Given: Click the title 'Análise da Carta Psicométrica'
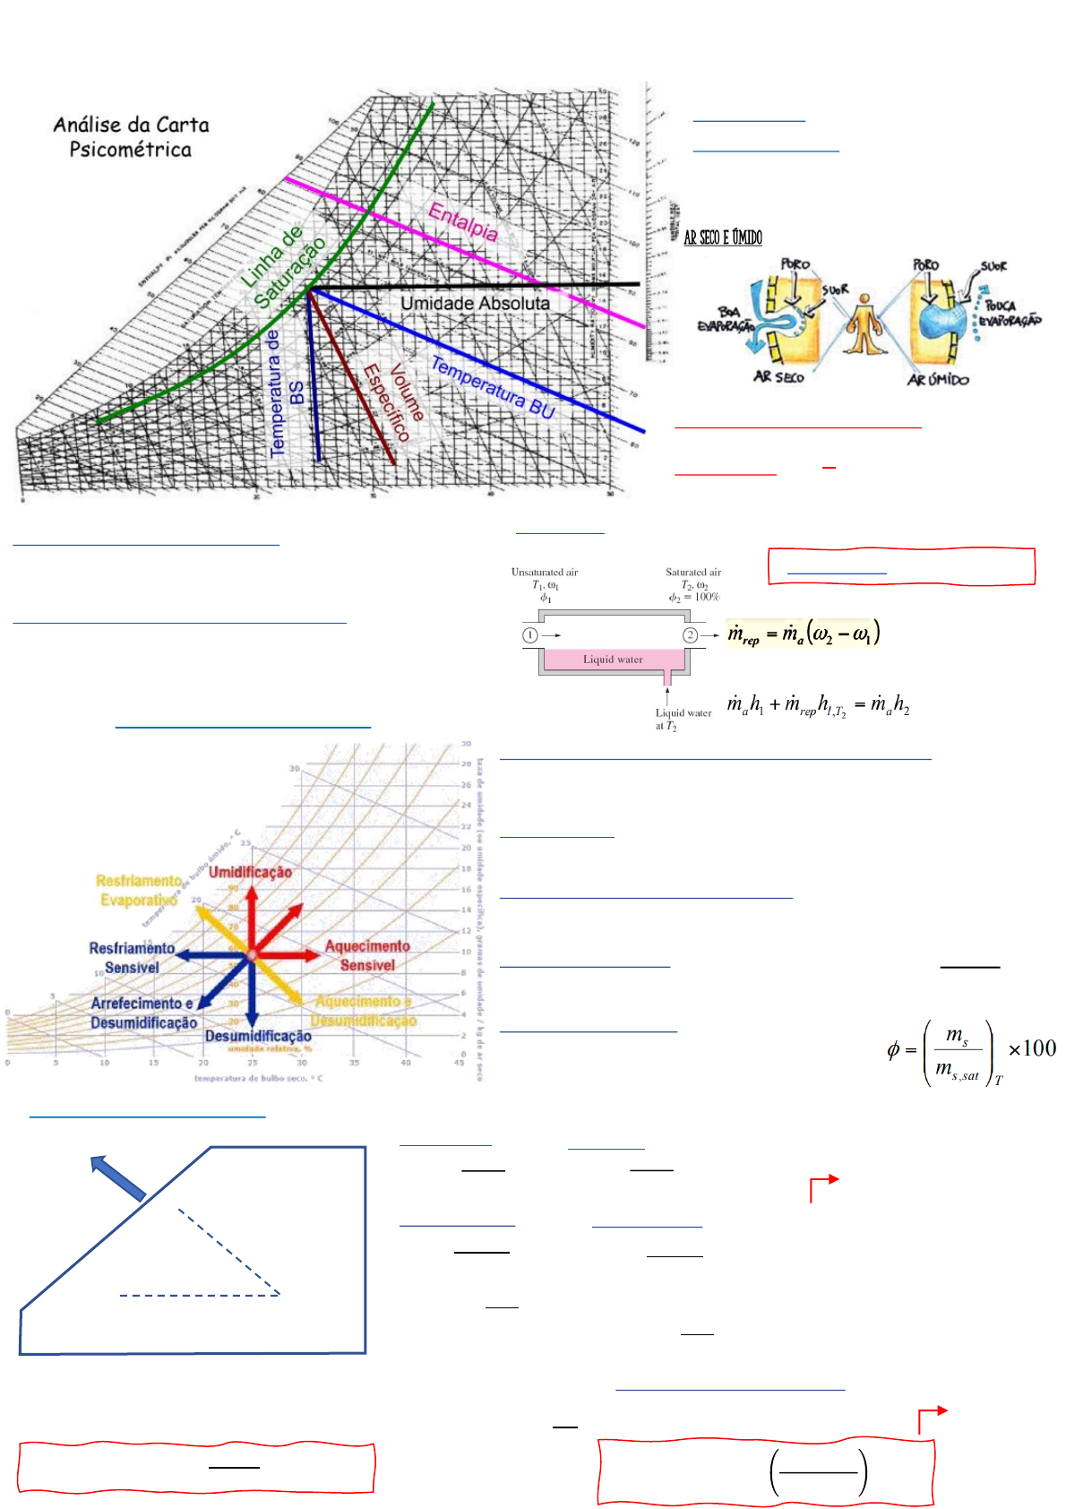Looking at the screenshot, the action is tap(131, 137).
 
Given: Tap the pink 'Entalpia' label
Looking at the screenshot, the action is tap(463, 220).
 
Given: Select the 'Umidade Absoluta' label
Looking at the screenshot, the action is tap(475, 304).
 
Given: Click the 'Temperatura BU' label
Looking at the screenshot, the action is tap(493, 387).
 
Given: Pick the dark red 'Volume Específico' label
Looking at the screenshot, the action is tap(394, 401).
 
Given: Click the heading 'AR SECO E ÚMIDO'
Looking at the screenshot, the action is tap(723, 237).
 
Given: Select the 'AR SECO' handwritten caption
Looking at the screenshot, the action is tap(778, 377).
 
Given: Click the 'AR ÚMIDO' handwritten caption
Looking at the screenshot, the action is tap(938, 380).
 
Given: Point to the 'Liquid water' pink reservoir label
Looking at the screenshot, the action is tap(613, 660).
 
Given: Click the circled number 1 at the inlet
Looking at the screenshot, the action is tap(530, 635).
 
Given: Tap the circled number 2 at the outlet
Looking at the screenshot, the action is tap(691, 635).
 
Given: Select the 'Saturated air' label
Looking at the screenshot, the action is tap(693, 572).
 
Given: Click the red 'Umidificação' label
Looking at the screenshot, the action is tap(250, 872).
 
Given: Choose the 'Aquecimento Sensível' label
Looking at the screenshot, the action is tap(367, 955).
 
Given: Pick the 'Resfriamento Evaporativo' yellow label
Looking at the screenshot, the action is tap(139, 890).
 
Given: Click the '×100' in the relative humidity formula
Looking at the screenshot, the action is tap(1032, 1048).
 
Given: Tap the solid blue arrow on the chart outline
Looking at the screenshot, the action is tap(118, 1177).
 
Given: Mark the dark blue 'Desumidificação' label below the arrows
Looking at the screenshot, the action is tap(258, 1036).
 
